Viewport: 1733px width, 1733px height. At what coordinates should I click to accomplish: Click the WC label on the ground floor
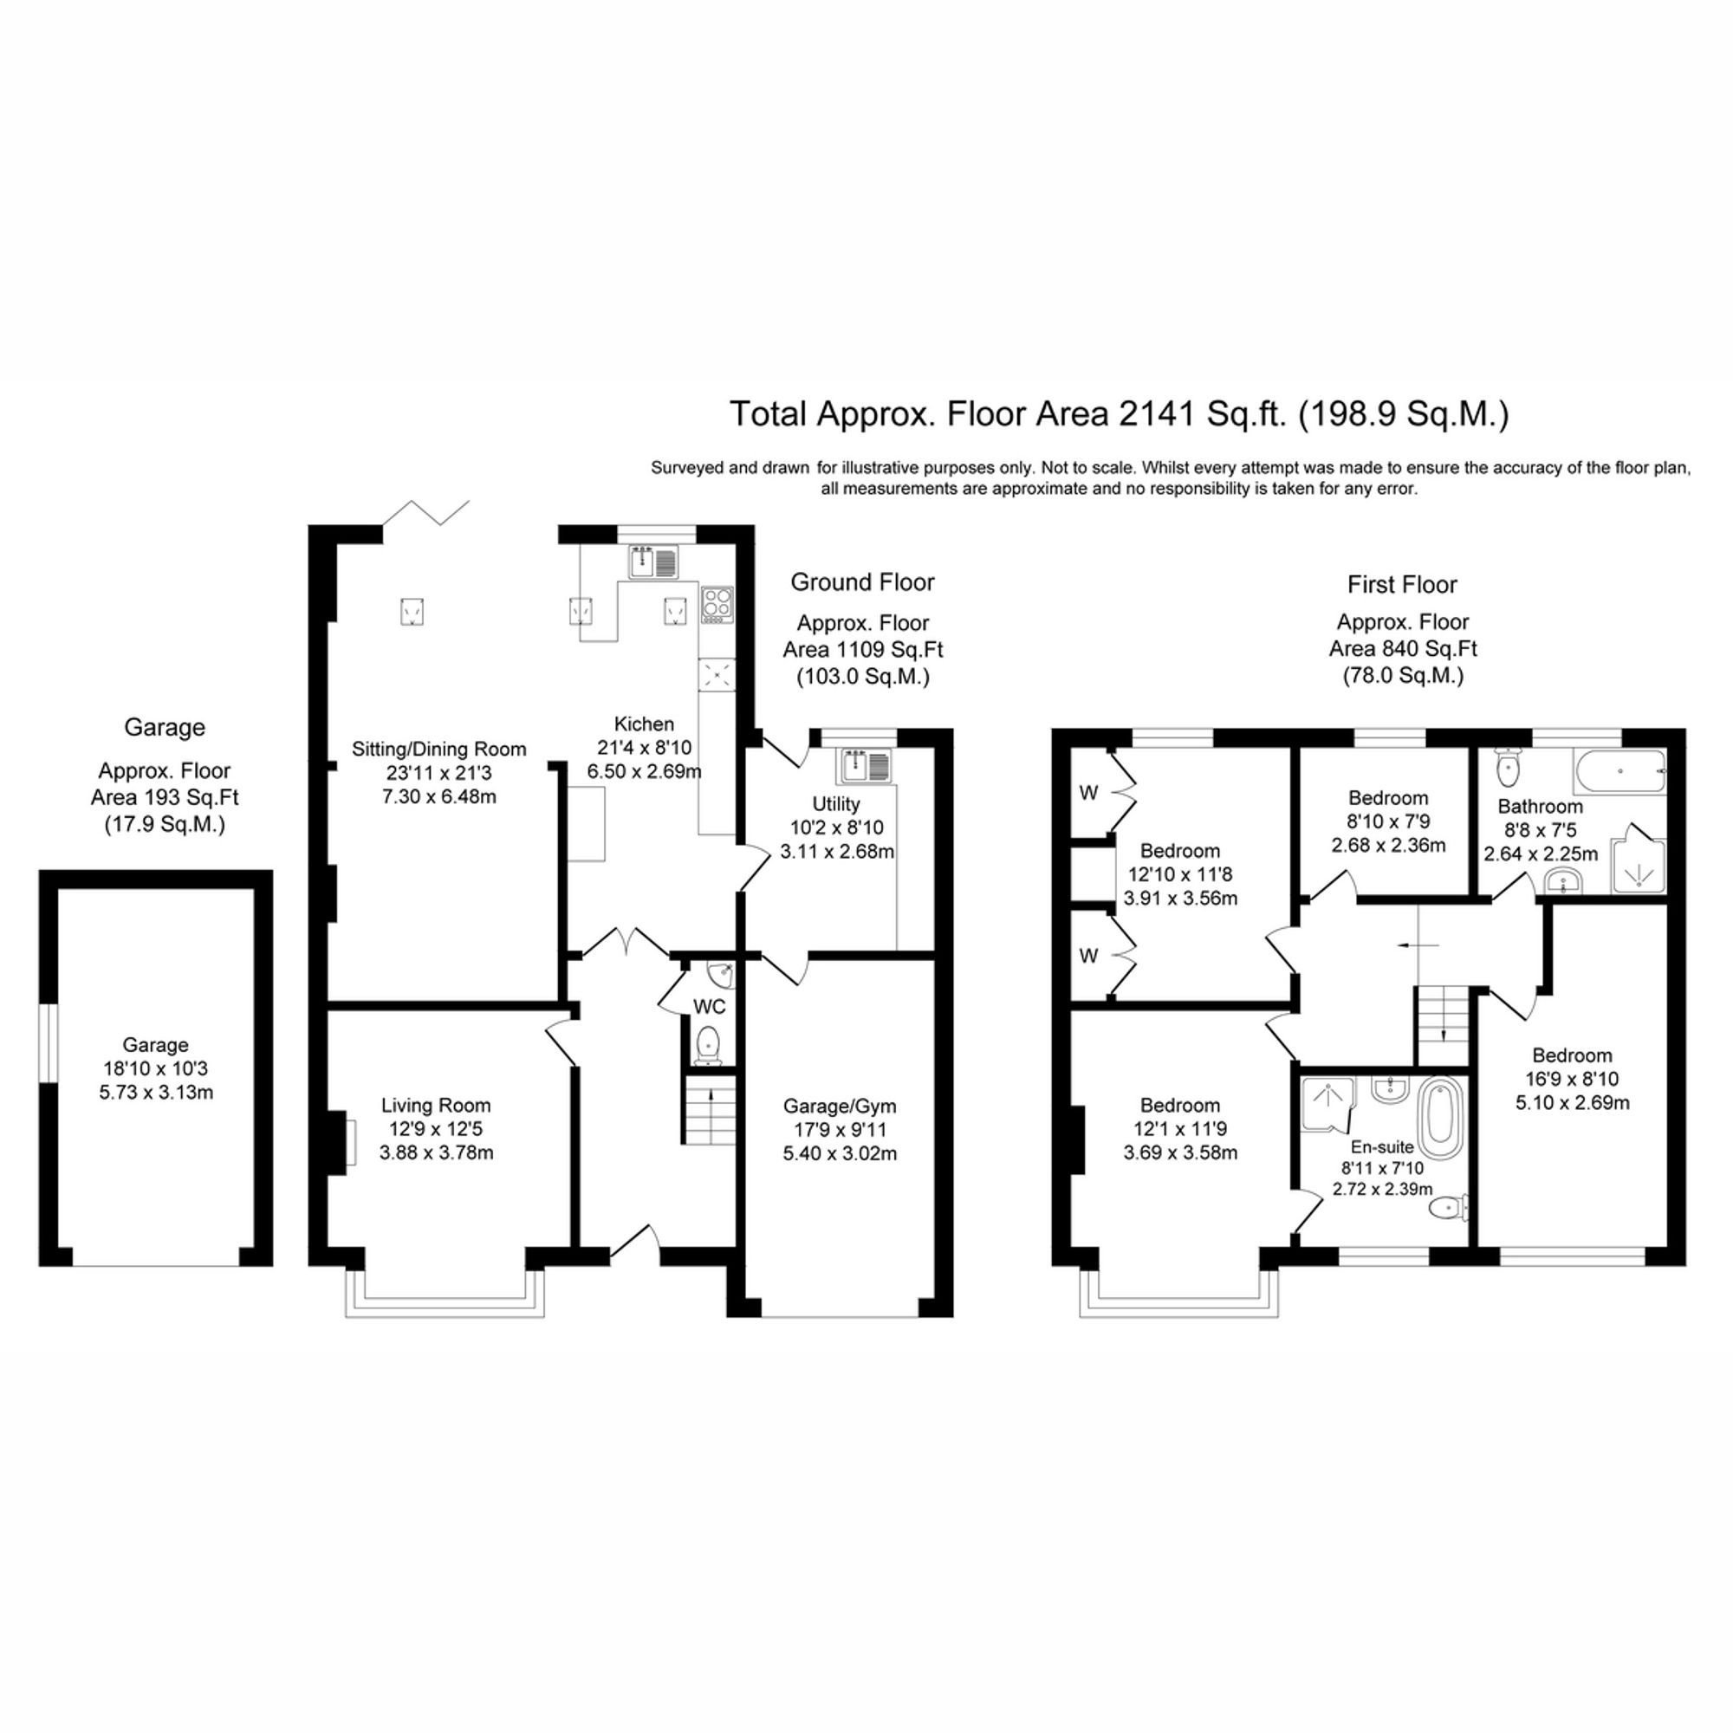tap(709, 1008)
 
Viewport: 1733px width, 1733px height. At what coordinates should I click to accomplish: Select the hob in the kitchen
tap(717, 605)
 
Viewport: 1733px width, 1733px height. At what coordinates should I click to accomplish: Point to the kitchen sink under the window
tap(653, 563)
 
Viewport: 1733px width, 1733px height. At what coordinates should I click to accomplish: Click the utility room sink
tap(865, 766)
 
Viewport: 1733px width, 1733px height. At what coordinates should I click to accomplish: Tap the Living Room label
tap(436, 1106)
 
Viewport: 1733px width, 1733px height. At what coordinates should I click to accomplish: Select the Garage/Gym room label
tap(840, 1106)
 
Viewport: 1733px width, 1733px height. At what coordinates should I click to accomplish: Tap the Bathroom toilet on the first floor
tap(1509, 766)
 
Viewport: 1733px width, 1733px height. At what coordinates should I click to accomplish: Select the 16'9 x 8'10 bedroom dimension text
tap(1573, 1079)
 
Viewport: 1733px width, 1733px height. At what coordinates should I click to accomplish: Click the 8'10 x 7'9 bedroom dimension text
tap(1388, 821)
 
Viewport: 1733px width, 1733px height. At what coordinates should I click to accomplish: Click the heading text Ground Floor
tap(862, 582)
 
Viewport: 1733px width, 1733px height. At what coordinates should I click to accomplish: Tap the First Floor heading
tap(1402, 585)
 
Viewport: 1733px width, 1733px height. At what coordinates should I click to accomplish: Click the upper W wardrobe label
tap(1088, 793)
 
